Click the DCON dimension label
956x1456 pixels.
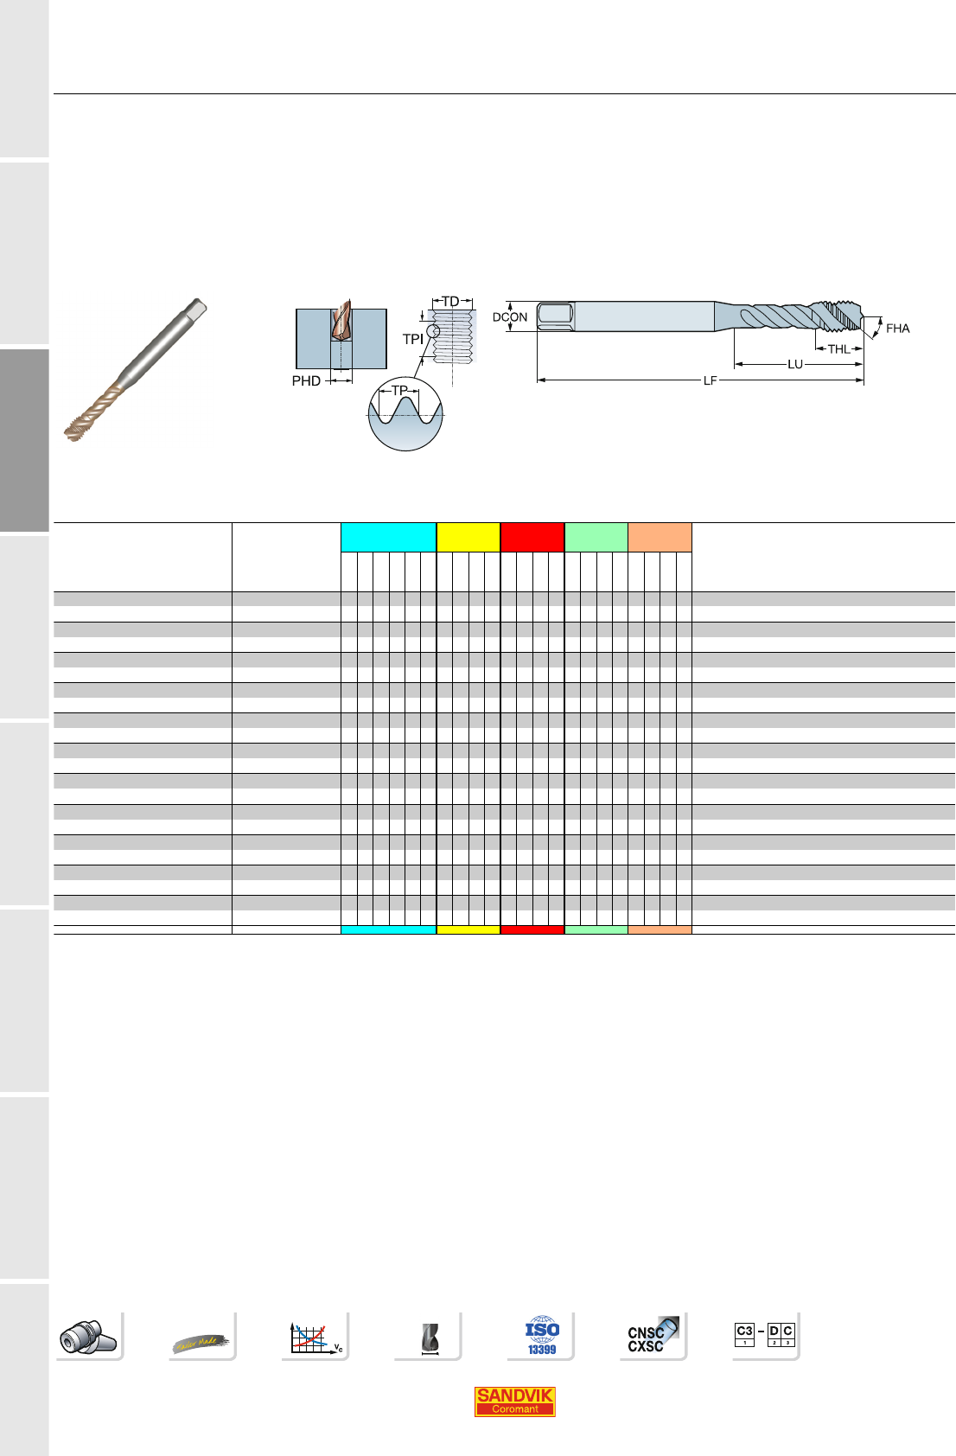[509, 317]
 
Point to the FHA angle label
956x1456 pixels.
[897, 329]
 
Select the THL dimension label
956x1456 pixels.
[839, 349]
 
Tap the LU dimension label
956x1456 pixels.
[795, 365]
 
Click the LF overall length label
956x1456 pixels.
[710, 381]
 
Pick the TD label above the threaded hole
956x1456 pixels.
[451, 302]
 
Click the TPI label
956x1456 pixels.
[412, 339]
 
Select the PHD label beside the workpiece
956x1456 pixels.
[306, 381]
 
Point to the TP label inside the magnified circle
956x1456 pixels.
[399, 391]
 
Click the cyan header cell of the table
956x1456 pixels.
[389, 537]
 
